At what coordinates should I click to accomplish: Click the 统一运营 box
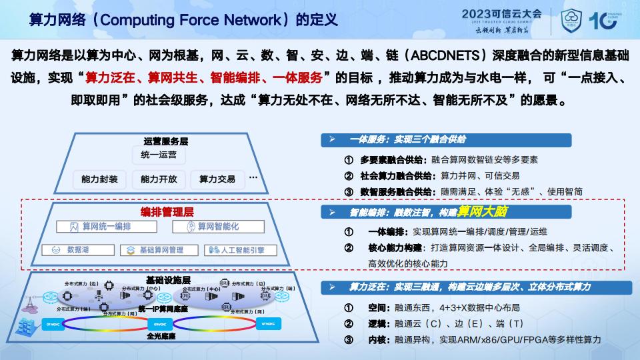point(159,155)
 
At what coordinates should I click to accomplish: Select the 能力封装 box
point(99,179)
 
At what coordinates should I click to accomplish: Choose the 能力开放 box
point(159,179)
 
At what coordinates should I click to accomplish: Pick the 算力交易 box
point(217,179)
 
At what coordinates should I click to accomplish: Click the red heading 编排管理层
point(167,212)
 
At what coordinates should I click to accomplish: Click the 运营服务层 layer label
point(166,141)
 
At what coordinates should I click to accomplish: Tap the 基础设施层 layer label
point(168,279)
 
